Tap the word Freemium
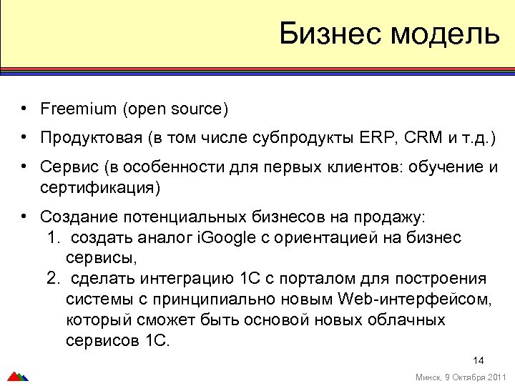[x=78, y=109]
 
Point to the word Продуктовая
[x=92, y=137]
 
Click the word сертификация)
[x=100, y=189]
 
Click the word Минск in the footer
[x=427, y=377]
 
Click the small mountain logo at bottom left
[x=17, y=376]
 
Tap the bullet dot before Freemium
[x=24, y=109]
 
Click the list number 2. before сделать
[x=53, y=278]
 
